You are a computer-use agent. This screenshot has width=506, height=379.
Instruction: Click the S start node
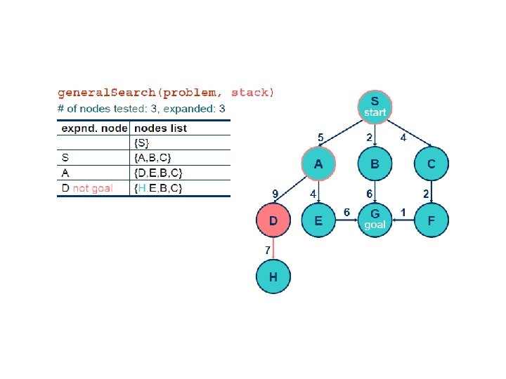[x=375, y=107]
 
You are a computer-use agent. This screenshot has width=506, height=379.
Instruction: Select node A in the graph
[x=318, y=164]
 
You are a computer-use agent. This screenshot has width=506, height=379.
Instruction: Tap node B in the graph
[x=375, y=164]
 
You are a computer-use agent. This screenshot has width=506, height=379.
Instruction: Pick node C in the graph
[x=431, y=164]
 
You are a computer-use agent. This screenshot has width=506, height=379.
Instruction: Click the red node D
[x=273, y=220]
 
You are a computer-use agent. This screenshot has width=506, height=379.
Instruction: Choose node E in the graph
[x=318, y=220]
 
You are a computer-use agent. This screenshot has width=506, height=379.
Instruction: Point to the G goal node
[x=375, y=218]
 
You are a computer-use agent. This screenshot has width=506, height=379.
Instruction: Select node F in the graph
[x=431, y=220]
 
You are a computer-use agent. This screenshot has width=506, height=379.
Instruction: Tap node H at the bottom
[x=273, y=277]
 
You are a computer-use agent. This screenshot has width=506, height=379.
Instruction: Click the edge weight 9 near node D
[x=276, y=193]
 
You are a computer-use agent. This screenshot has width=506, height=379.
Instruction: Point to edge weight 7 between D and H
[x=268, y=250]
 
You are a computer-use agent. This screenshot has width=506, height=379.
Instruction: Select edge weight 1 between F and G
[x=403, y=212]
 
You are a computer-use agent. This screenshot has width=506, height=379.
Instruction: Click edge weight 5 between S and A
[x=320, y=137]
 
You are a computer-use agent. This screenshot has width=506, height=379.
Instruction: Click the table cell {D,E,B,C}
[x=158, y=173]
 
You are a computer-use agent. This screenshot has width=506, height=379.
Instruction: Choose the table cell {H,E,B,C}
[x=158, y=189]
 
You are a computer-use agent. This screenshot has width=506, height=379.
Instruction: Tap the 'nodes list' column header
[x=160, y=128]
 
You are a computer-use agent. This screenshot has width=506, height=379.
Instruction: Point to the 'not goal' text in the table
[x=93, y=189]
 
